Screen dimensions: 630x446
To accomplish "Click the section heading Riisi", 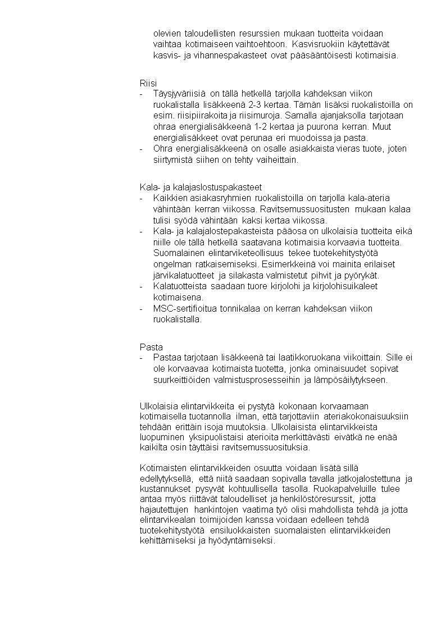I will [148, 83].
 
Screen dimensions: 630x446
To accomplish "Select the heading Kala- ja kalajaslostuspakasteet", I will [201, 187].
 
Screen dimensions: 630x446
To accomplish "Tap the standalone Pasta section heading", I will [151, 347].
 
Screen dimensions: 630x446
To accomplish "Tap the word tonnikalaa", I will [242, 308].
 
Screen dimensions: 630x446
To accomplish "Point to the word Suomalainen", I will [178, 253].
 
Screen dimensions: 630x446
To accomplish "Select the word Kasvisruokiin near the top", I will [317, 44].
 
